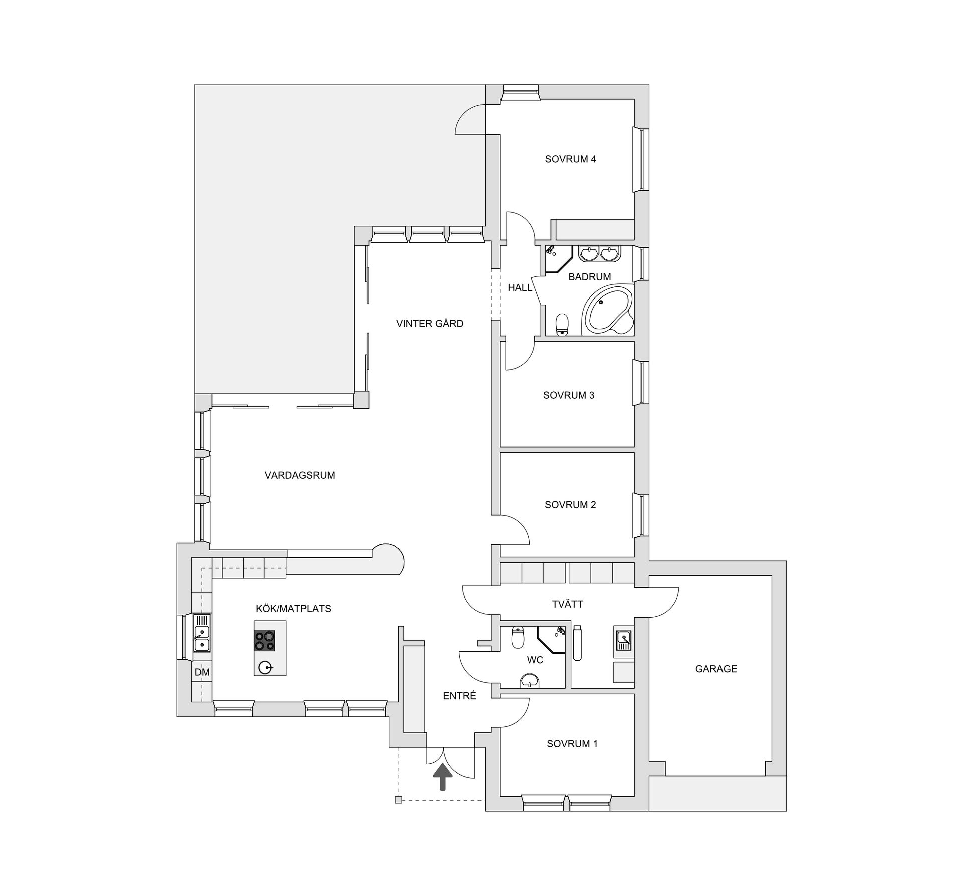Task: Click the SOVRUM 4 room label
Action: (570, 159)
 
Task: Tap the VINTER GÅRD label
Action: (430, 323)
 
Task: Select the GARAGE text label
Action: (716, 669)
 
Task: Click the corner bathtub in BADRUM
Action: (607, 311)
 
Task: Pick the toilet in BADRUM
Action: (563, 324)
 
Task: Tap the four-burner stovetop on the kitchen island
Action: (265, 641)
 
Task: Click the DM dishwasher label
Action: (202, 672)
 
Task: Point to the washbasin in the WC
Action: (530, 680)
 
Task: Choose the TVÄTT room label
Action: (567, 604)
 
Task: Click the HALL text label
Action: (520, 287)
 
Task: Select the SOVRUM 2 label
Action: (570, 505)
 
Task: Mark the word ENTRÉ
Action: (459, 696)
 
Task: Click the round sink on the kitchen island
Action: (265, 667)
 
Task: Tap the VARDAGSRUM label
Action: (300, 475)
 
